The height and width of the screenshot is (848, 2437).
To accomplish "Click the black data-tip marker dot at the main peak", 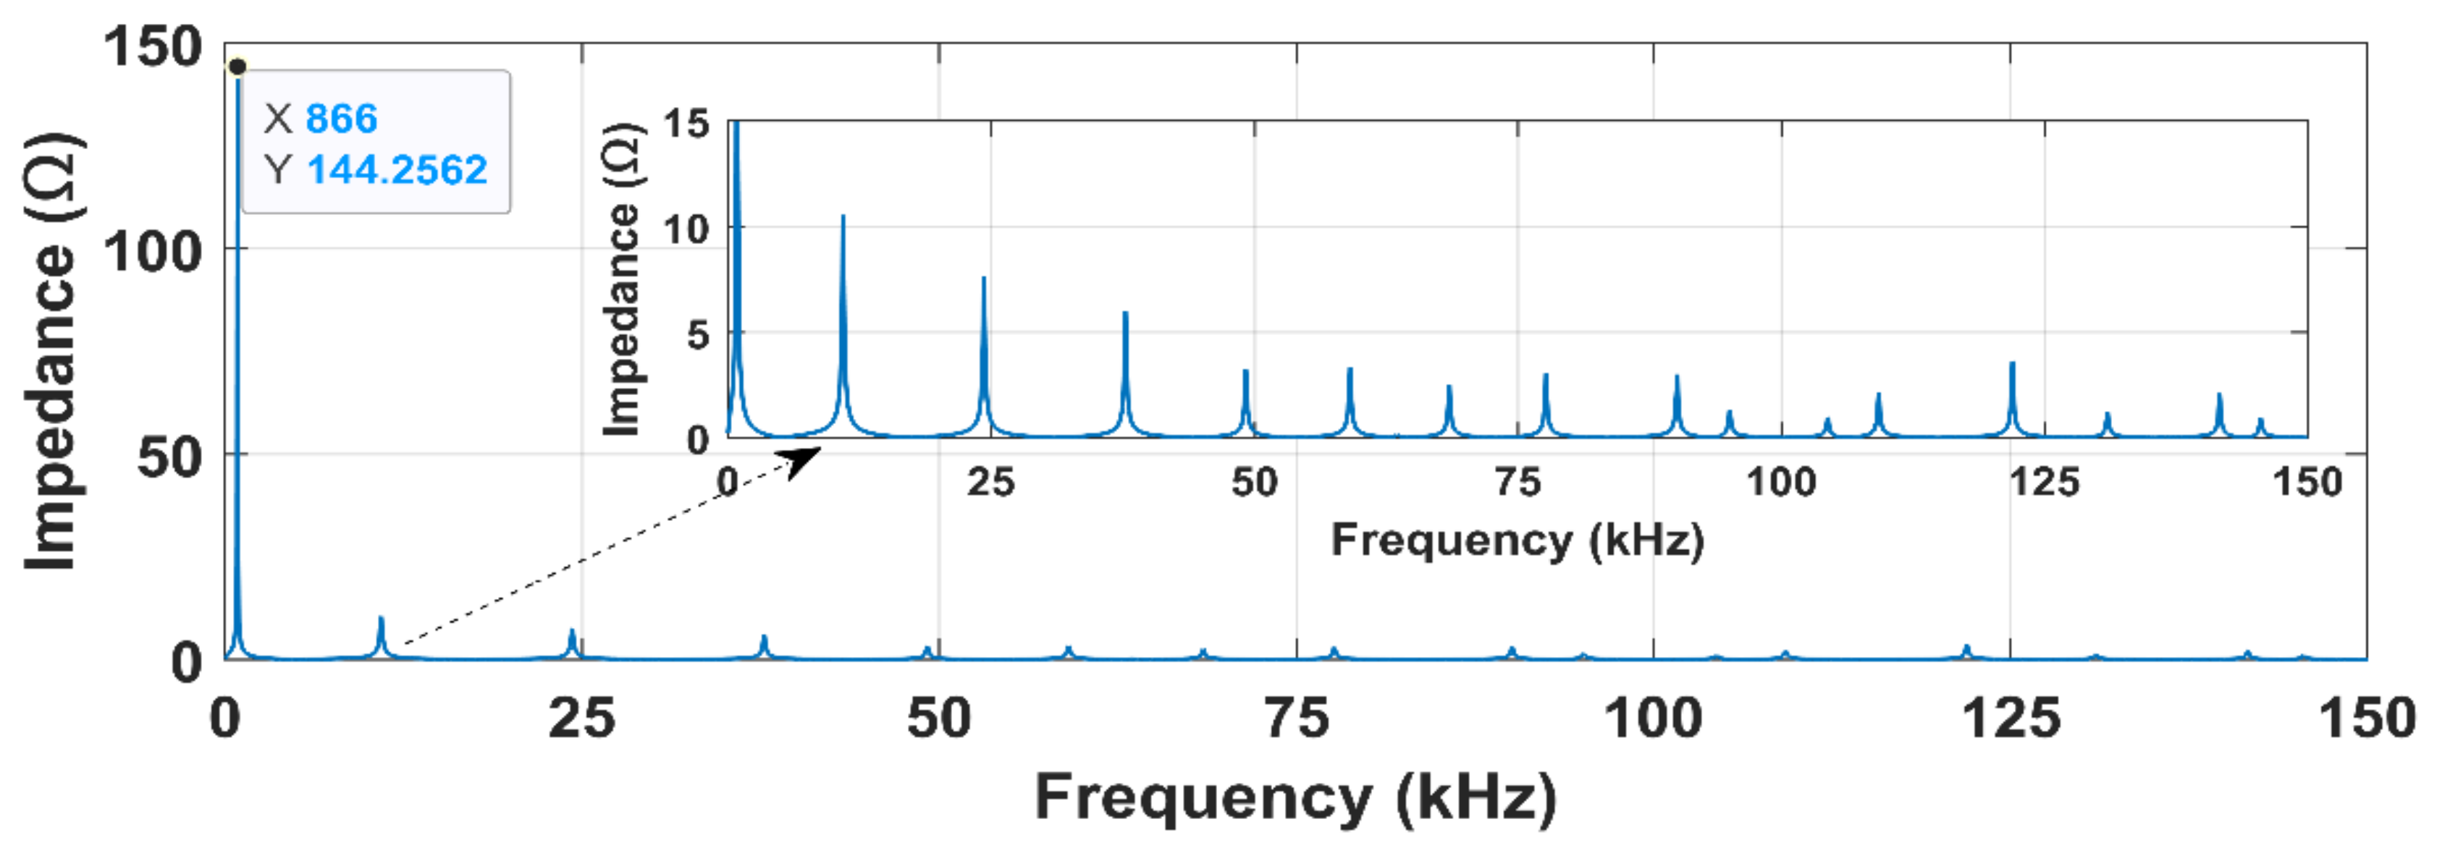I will [237, 66].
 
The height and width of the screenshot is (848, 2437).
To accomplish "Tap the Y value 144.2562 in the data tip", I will [397, 170].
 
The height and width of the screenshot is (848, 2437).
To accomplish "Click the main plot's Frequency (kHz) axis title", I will [1295, 796].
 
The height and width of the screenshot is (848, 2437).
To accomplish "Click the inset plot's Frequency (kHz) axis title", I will [1517, 540].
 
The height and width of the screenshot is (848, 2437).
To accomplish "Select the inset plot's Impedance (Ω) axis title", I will [621, 280].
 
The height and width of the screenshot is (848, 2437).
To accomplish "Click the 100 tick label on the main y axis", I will [152, 252].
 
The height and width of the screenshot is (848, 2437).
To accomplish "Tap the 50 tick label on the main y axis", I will [169, 457].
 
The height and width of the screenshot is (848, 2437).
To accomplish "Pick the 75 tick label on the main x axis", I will [1297, 718].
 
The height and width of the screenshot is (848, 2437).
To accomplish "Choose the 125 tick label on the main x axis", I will [2011, 718].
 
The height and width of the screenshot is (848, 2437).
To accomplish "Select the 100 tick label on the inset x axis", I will [1780, 482].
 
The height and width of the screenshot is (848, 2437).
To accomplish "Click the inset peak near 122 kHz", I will [2012, 365].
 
